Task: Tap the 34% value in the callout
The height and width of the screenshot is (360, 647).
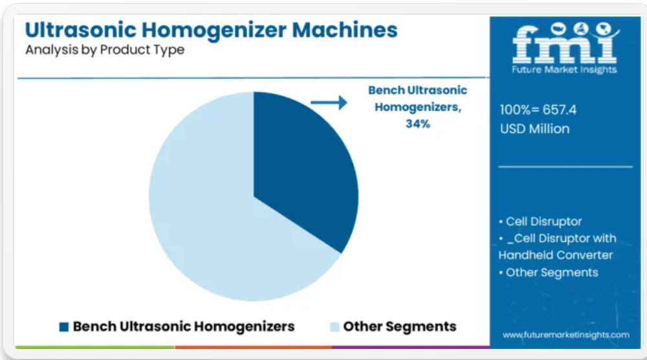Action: (x=417, y=124)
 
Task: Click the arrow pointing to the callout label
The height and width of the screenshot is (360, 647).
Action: (x=329, y=102)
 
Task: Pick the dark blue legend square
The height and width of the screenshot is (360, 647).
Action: (x=64, y=327)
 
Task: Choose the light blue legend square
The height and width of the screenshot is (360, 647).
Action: (x=334, y=327)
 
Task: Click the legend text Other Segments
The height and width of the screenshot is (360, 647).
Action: (x=400, y=326)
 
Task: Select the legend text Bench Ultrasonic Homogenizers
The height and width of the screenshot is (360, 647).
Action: (x=184, y=326)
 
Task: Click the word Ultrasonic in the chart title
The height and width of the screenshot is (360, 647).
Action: (x=81, y=30)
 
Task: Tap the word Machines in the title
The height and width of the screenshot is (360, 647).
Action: (x=345, y=30)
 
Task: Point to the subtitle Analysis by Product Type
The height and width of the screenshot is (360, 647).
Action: (x=105, y=50)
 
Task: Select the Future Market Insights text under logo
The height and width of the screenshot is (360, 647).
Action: (x=564, y=70)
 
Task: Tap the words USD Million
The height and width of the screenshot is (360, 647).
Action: (x=535, y=129)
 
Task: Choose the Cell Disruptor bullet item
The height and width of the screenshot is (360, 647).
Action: (x=540, y=221)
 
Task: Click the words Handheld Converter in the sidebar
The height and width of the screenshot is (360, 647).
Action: (x=555, y=255)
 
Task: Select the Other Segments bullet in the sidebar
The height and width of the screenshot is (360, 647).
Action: (x=549, y=273)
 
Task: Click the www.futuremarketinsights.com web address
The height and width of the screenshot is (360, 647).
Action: (x=566, y=335)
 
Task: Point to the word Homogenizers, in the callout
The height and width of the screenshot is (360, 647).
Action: (x=418, y=107)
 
